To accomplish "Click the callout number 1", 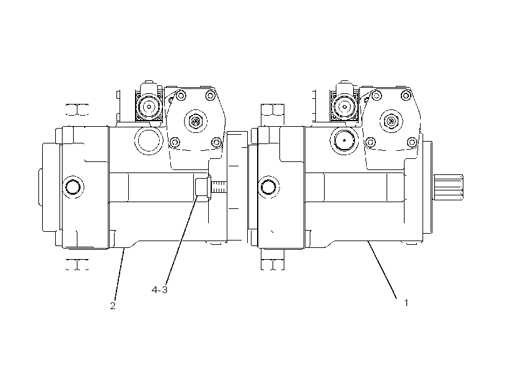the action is tap(406, 303).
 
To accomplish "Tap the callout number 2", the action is tap(113, 306).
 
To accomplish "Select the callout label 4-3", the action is tap(160, 290).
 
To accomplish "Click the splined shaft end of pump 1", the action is tap(449, 187).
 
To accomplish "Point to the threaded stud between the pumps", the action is tap(219, 187).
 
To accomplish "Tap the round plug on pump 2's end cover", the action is tap(73, 187).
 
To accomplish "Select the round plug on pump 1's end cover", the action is tap(269, 187).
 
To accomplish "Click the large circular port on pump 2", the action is tap(149, 141).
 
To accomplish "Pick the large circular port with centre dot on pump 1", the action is tap(344, 141).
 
